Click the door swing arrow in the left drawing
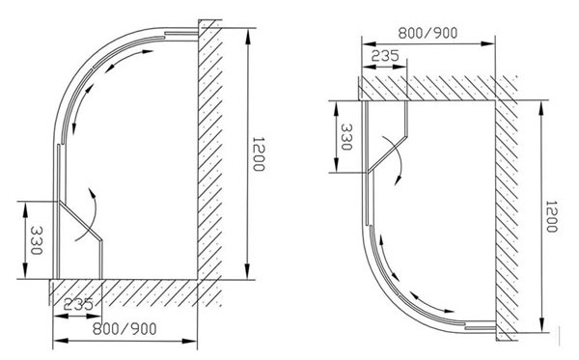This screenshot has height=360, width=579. point(90,204)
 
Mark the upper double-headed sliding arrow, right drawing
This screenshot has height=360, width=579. point(387,259)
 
